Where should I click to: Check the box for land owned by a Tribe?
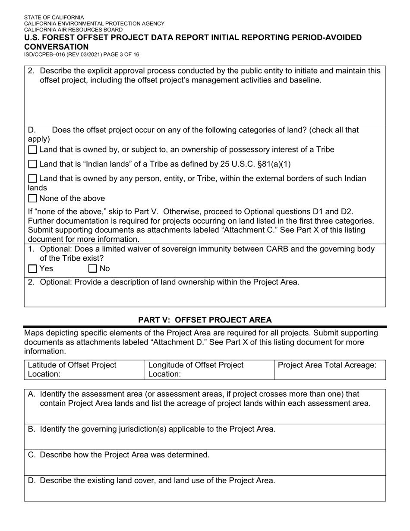(32, 150)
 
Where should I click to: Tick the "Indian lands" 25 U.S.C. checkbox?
(32, 164)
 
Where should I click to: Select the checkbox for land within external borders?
(32, 179)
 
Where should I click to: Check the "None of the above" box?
(32, 199)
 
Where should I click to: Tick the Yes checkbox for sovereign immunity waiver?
(32, 269)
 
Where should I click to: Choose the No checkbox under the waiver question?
(93, 269)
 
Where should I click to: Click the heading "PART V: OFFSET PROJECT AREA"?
(205, 320)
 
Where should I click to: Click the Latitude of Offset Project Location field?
(84, 370)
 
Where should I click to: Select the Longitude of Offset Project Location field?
(209, 370)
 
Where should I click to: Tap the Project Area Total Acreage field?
(330, 370)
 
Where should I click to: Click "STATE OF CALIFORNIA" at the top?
(54, 18)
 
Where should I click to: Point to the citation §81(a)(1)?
(273, 164)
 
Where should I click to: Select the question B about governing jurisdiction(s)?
(158, 429)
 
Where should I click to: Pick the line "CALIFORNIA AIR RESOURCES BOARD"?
(73, 30)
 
